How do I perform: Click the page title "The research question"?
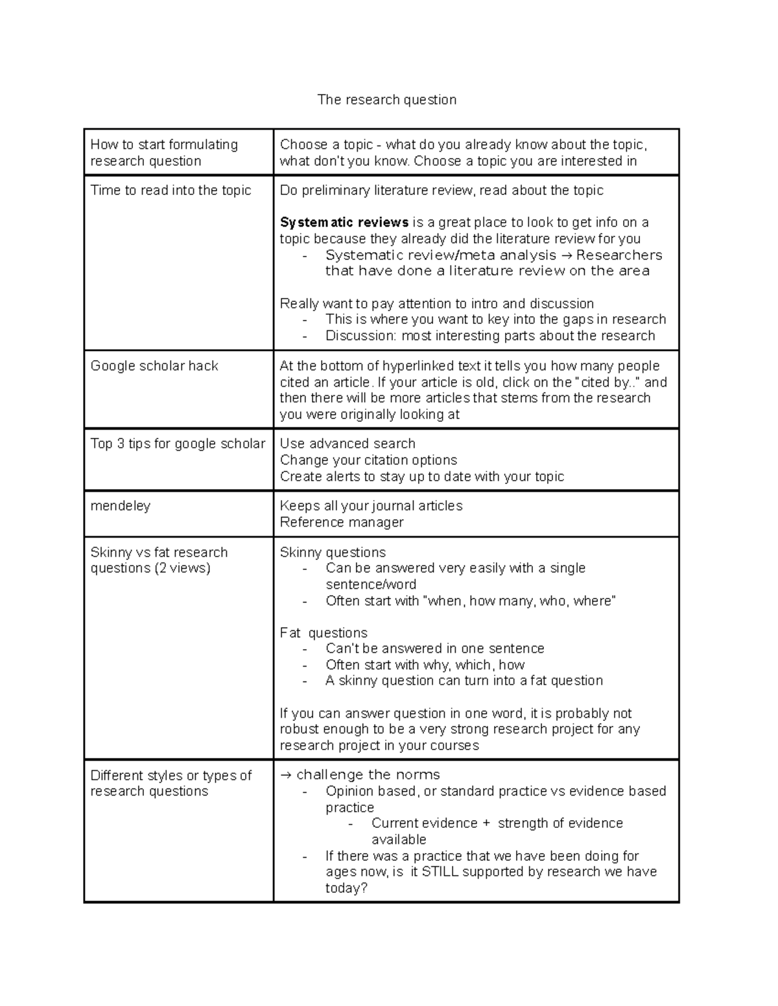(386, 100)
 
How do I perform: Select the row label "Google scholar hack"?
(154, 366)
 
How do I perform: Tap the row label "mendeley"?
(120, 506)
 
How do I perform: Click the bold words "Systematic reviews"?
(344, 223)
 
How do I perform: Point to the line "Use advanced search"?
(348, 444)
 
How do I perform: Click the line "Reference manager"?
(342, 523)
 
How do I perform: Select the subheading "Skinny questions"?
(333, 553)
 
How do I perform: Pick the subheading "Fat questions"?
(324, 633)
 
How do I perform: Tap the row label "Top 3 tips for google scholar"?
(178, 444)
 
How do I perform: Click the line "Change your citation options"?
(368, 460)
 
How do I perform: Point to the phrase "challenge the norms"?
(368, 775)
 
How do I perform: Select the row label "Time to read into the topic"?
(171, 190)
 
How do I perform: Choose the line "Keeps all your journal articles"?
(371, 506)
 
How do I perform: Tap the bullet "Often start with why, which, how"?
(425, 665)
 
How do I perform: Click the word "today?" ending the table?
(346, 888)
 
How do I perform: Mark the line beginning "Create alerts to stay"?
(421, 477)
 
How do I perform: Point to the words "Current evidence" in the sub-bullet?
(424, 823)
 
